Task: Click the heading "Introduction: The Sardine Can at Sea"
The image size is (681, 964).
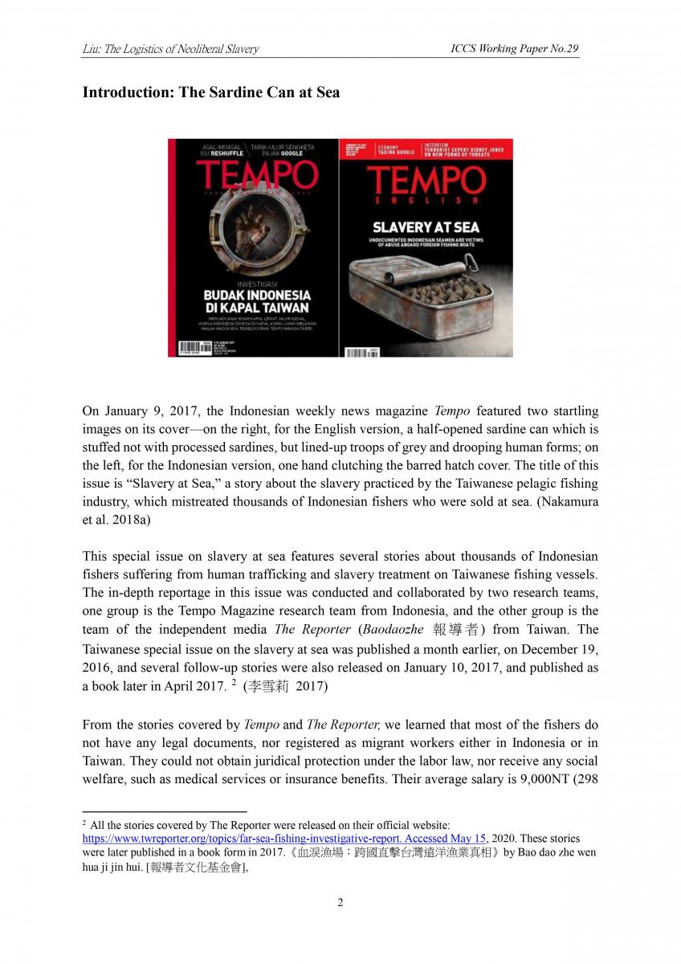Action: point(210,92)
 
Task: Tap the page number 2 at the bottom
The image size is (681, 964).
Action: point(340,902)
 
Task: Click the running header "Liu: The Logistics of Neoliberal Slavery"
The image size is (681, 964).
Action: point(170,49)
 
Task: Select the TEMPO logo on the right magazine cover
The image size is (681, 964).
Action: point(426,182)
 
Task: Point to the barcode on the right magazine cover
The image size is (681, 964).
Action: point(361,352)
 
